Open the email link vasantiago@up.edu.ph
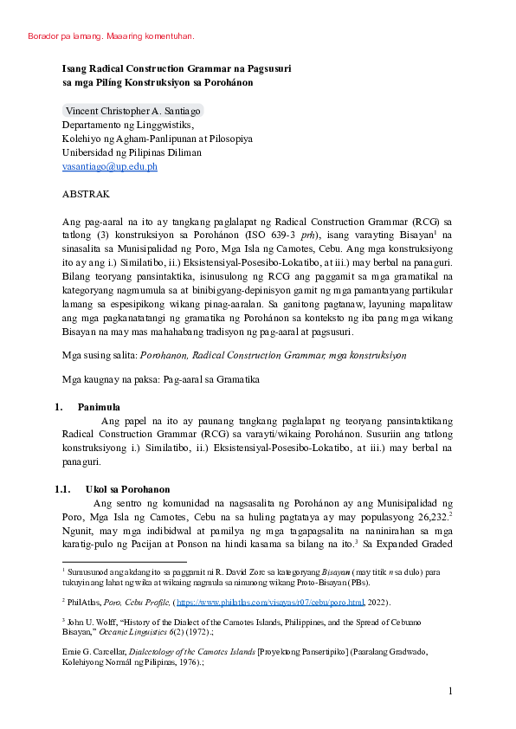click(x=109, y=166)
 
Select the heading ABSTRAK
click(x=86, y=195)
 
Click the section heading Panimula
click(x=99, y=406)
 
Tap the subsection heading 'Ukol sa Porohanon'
click(x=127, y=489)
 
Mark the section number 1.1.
click(x=62, y=489)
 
